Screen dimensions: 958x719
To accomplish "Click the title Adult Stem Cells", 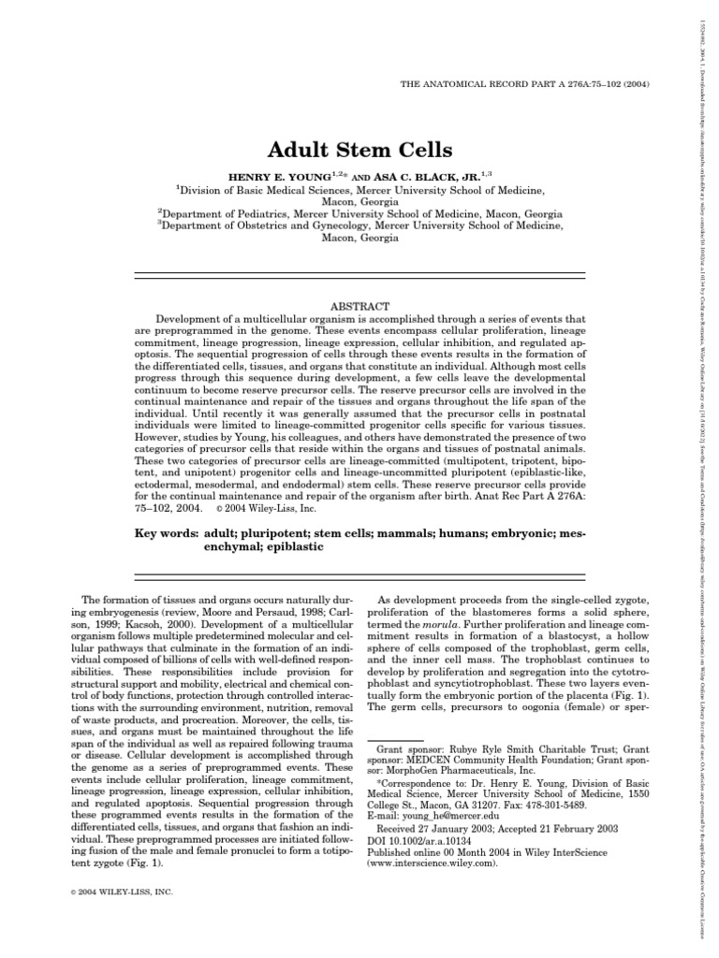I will click(360, 151).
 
